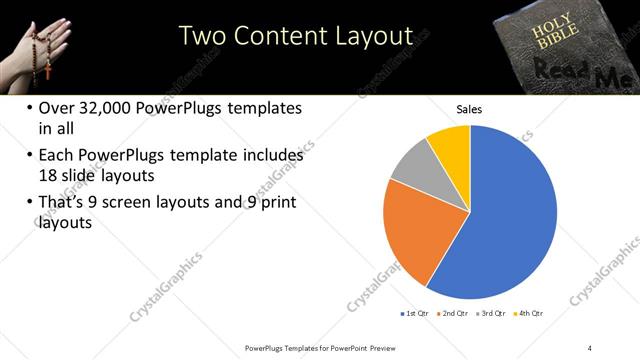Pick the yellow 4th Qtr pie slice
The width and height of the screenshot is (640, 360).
pos(450,145)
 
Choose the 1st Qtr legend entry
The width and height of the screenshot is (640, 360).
pos(416,313)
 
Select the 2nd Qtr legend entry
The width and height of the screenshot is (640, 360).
pos(455,313)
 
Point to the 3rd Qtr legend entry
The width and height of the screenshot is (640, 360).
pos(493,313)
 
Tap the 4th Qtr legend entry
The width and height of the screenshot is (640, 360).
pos(529,313)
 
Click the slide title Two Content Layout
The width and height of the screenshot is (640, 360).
pos(296,36)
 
